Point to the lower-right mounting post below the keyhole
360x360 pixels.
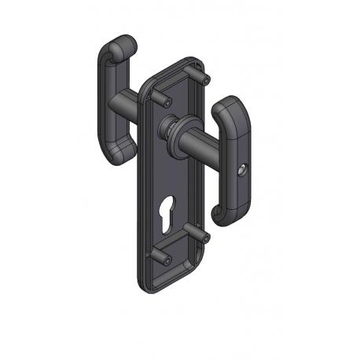point(200,233)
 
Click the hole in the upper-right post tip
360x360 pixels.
point(206,81)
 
